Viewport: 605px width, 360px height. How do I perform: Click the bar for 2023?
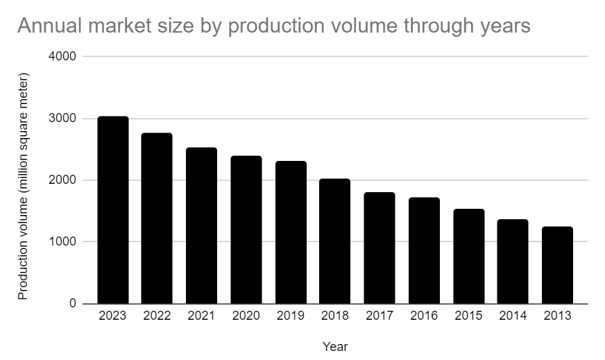pos(112,210)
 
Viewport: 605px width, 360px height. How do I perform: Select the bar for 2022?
pos(157,218)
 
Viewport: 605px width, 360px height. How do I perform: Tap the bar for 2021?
pos(201,226)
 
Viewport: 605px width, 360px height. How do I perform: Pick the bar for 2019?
pos(291,233)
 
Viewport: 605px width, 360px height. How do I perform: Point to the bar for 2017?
pos(380,248)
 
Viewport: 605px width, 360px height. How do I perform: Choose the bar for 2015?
pos(468,257)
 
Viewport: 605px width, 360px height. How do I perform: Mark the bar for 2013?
pos(557,266)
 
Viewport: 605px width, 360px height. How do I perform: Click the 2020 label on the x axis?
pos(246,316)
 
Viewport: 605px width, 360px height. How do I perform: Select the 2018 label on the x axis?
pos(335,316)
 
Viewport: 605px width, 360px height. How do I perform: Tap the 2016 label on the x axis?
pos(424,316)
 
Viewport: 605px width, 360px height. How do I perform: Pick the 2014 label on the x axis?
pos(513,316)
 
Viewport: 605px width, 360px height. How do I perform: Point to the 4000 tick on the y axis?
pos(62,56)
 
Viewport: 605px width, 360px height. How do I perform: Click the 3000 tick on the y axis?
pos(62,119)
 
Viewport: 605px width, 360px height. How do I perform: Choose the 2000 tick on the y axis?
pos(62,180)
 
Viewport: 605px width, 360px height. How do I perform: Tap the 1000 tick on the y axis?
pos(62,242)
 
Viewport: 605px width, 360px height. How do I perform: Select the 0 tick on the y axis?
pos(72,304)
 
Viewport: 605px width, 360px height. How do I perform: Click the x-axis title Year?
pos(335,346)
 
